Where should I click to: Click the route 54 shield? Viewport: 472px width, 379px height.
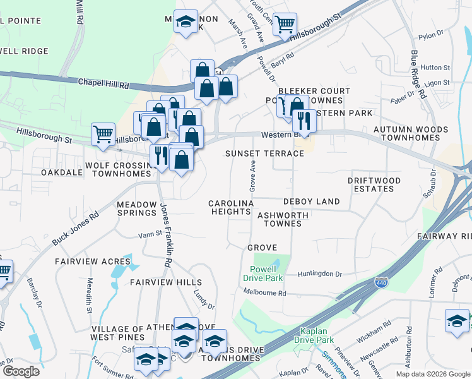click(x=218, y=72)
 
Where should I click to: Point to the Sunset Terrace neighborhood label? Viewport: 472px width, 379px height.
click(x=265, y=153)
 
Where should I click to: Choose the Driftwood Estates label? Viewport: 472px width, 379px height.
click(x=374, y=184)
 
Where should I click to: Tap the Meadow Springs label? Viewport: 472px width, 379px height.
click(x=136, y=209)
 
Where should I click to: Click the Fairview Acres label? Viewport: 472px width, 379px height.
click(x=93, y=261)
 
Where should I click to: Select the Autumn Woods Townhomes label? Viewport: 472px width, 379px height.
click(x=411, y=134)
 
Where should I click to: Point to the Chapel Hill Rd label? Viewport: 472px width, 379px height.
click(x=103, y=83)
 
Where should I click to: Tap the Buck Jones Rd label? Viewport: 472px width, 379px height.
click(x=76, y=228)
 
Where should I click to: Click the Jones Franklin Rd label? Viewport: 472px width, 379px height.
click(x=166, y=234)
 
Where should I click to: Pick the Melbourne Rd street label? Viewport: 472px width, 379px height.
click(x=265, y=293)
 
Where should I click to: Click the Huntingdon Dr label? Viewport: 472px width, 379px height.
click(x=321, y=274)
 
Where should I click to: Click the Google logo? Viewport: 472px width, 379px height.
click(x=21, y=371)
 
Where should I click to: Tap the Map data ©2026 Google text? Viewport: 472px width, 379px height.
click(x=433, y=374)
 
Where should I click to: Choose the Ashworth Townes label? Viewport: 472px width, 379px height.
click(x=283, y=219)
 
